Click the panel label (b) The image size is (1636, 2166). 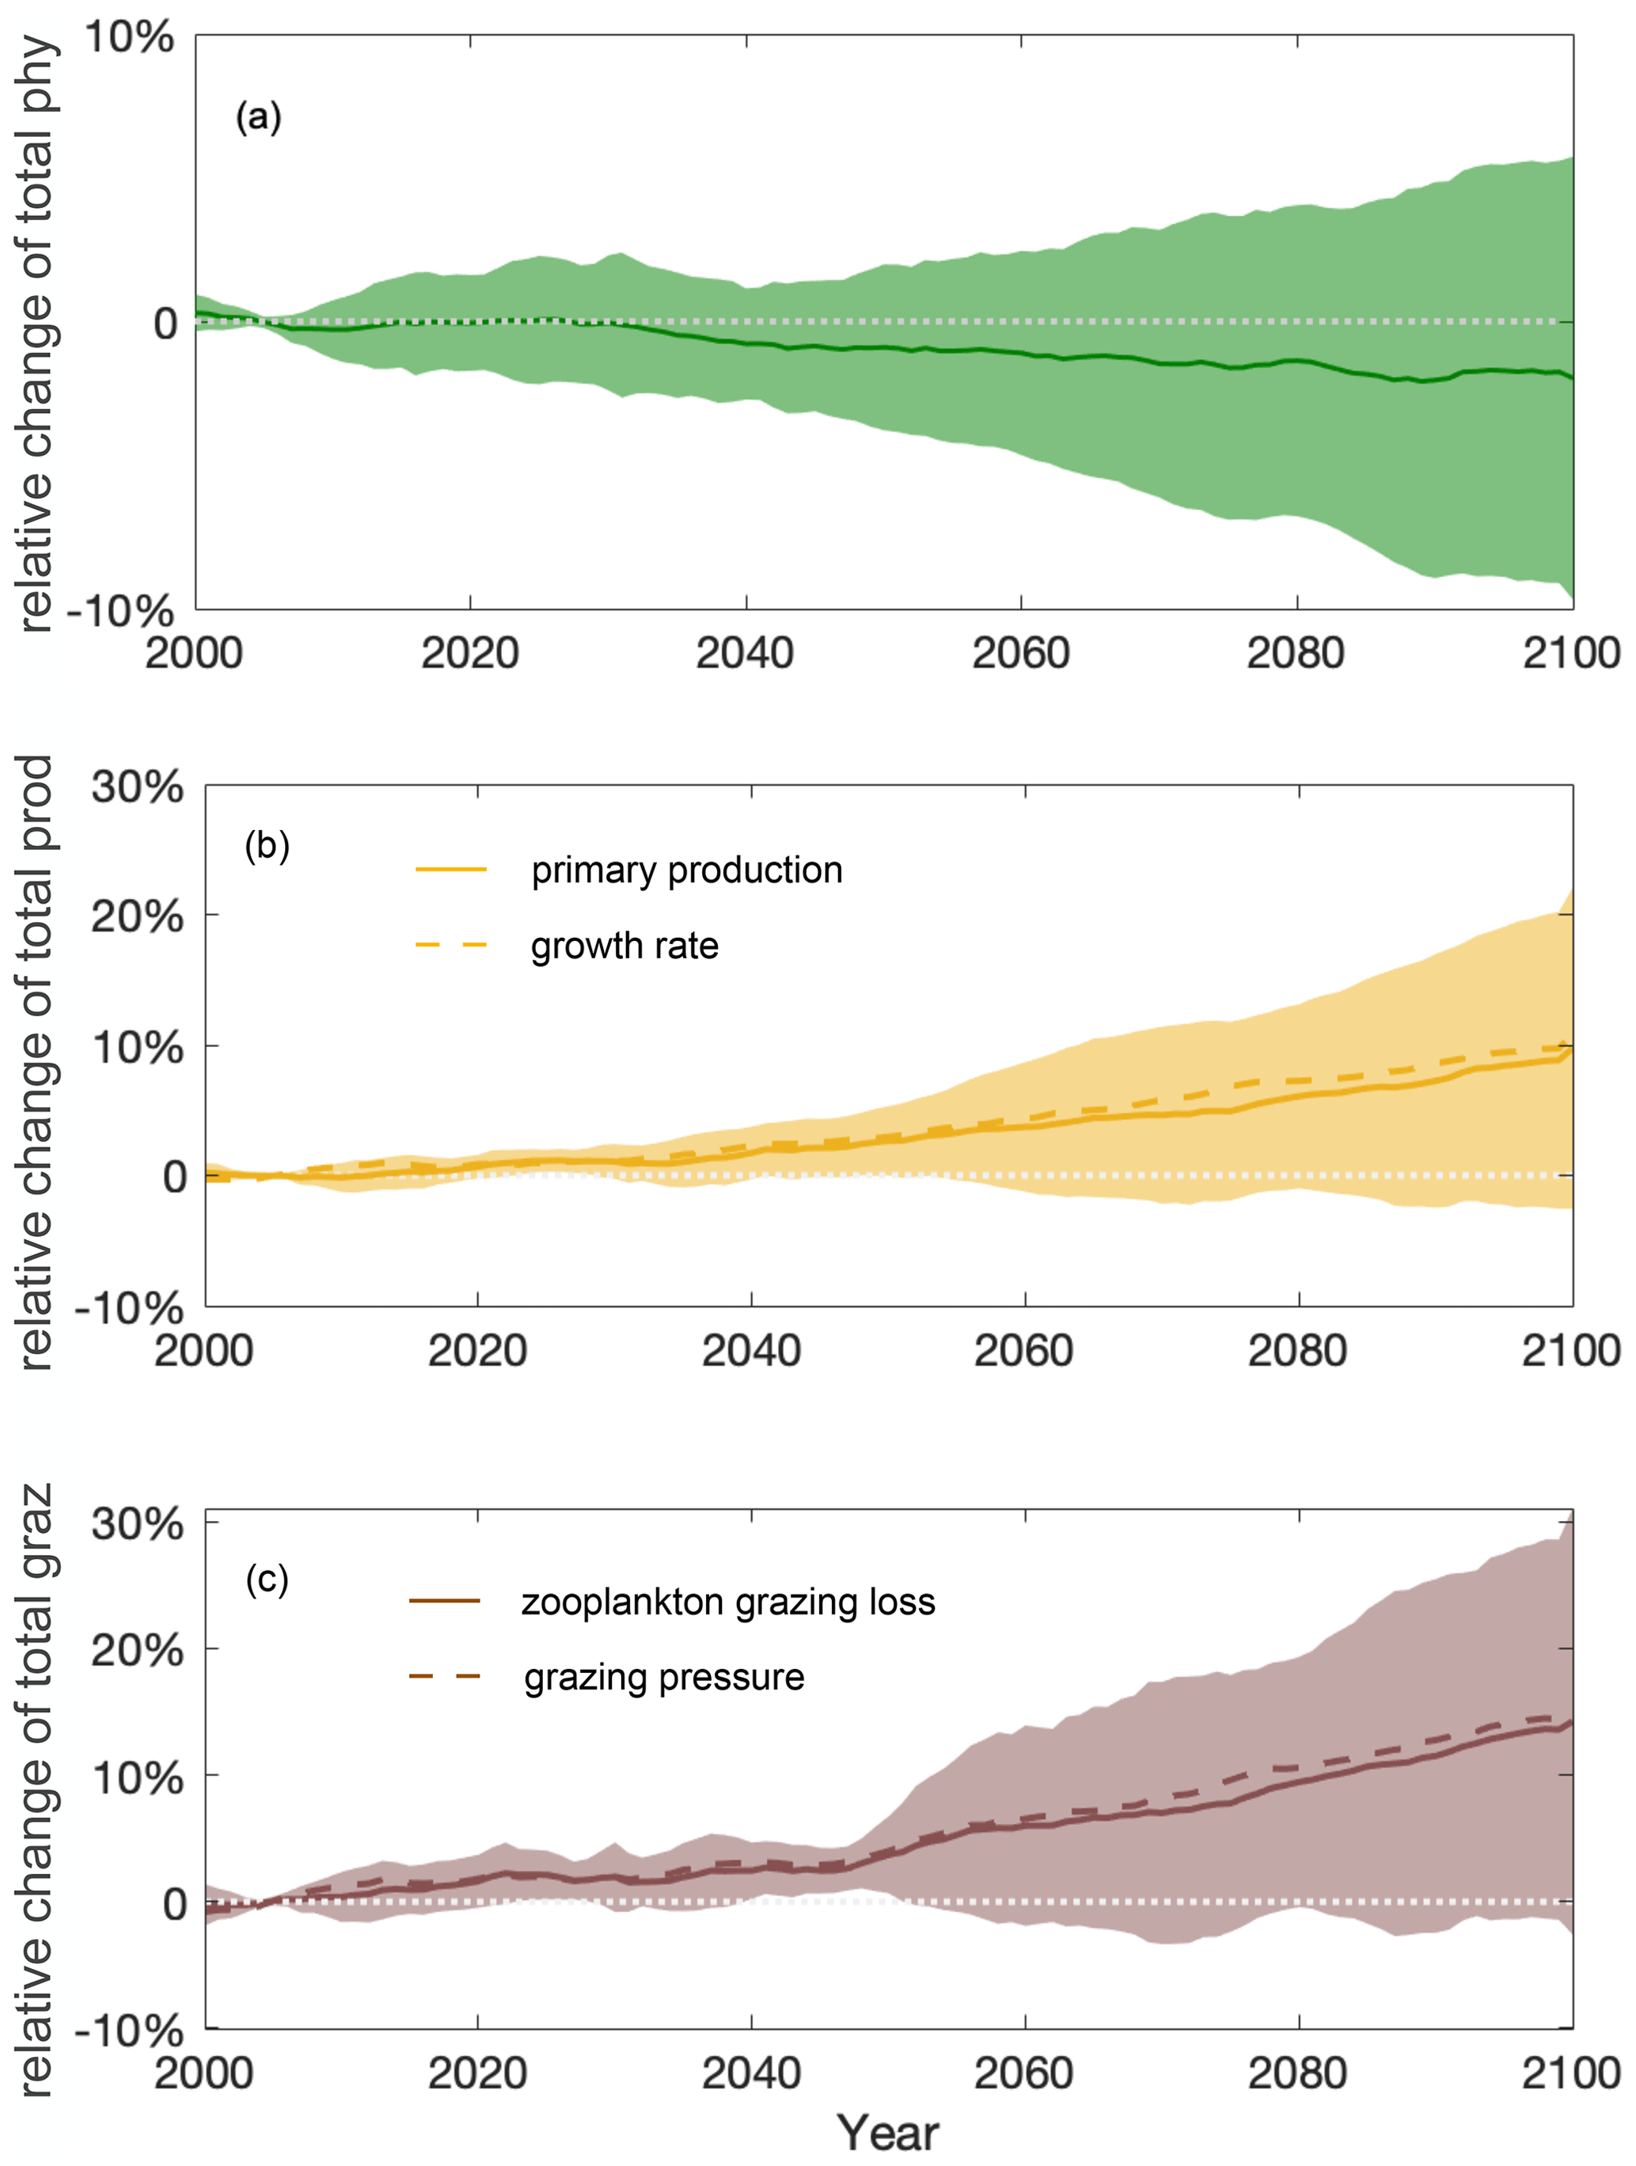coord(268,845)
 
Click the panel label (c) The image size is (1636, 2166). coord(268,1579)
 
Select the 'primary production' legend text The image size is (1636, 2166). coord(686,870)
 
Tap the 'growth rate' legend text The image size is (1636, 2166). coord(624,946)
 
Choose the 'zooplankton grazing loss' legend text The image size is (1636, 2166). coord(727,1602)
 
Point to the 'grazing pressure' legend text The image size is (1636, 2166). coord(664,1678)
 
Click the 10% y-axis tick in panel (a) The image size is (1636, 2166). coord(129,37)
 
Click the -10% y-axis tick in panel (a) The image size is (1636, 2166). coord(120,611)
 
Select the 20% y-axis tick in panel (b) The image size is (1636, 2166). coord(137,916)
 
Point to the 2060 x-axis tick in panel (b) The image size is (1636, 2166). coord(1024,1352)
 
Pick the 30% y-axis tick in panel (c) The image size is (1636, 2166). coord(137,1525)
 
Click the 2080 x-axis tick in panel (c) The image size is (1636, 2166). coord(1297,2074)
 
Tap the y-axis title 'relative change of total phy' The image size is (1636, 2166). coord(36,333)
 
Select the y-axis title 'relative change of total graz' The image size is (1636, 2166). coord(36,1792)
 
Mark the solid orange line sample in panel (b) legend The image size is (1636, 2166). coord(451,870)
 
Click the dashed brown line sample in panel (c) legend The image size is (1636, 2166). coord(445,1678)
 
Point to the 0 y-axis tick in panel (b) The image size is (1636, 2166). coord(175,1176)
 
